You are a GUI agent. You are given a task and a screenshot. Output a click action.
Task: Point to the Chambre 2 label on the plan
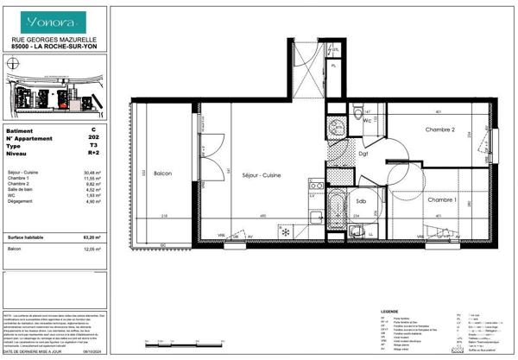tap(440, 129)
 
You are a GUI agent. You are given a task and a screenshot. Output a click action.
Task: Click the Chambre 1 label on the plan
tap(442, 199)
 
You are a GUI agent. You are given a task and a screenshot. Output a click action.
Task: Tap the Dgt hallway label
tap(363, 154)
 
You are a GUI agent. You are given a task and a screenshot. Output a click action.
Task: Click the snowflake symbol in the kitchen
tap(285, 232)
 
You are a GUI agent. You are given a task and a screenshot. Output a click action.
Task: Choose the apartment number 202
tap(93, 138)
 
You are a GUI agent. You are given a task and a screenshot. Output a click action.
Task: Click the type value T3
tap(93, 147)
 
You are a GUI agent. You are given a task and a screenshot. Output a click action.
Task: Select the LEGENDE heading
tap(389, 310)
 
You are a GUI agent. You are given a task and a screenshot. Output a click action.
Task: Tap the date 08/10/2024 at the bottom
tap(92, 353)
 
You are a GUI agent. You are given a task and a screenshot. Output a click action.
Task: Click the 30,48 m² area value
tap(92, 172)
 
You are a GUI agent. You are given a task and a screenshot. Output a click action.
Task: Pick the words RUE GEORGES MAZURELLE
tap(54, 39)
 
